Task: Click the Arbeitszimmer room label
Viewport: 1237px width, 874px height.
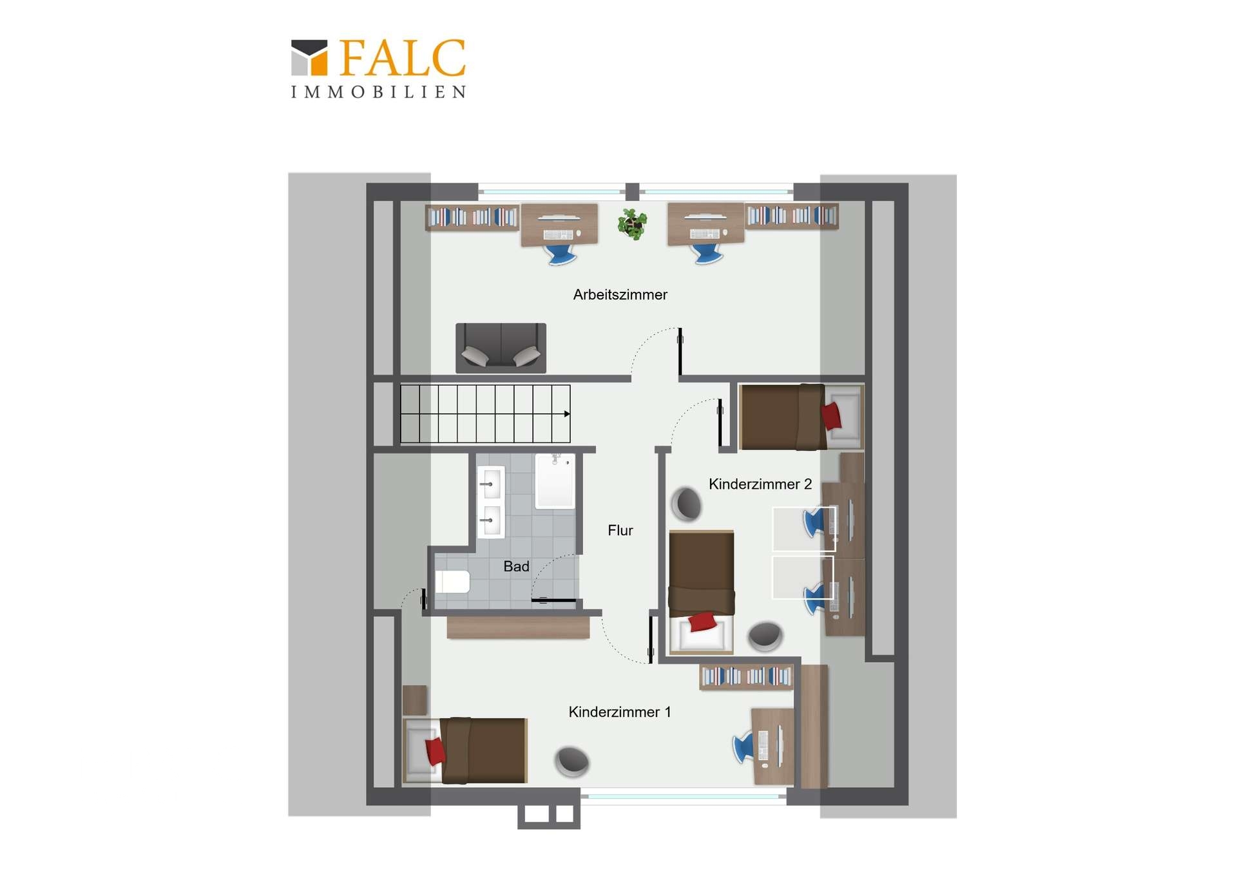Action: pyautogui.click(x=620, y=294)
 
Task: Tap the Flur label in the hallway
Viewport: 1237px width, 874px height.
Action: pyautogui.click(x=620, y=530)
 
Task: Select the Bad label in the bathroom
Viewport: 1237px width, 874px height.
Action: pyautogui.click(x=516, y=566)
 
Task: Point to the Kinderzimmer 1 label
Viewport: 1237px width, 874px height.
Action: pyautogui.click(x=620, y=712)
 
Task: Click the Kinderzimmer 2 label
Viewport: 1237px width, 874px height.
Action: pyautogui.click(x=760, y=484)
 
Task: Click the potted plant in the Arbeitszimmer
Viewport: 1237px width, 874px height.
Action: pyautogui.click(x=632, y=224)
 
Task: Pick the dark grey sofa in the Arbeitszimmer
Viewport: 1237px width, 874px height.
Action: pyautogui.click(x=501, y=348)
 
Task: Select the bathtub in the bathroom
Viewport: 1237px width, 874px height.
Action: pyautogui.click(x=555, y=480)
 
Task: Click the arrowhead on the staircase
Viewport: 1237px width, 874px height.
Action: pyautogui.click(x=567, y=414)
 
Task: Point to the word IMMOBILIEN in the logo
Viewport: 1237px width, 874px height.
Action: pyautogui.click(x=378, y=92)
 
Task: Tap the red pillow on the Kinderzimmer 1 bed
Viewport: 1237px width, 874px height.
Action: pyautogui.click(x=436, y=751)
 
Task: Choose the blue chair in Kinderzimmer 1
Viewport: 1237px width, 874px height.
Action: pyautogui.click(x=743, y=747)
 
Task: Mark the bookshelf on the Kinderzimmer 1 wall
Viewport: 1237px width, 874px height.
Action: pyautogui.click(x=747, y=676)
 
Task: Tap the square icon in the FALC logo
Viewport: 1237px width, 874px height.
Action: pyautogui.click(x=309, y=58)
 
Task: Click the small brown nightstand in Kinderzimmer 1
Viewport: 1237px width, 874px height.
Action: pyautogui.click(x=415, y=700)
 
